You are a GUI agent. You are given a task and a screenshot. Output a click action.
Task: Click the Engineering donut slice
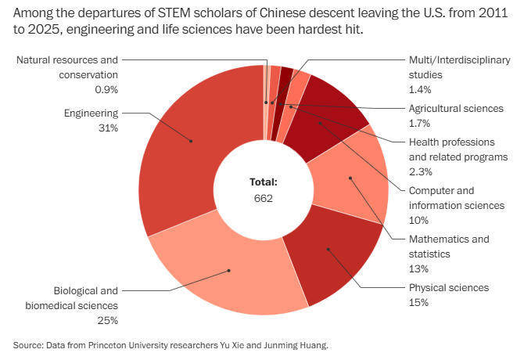(x=184, y=149)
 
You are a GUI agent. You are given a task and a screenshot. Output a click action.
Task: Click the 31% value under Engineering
(x=107, y=128)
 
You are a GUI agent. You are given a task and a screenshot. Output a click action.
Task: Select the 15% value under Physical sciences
(x=418, y=302)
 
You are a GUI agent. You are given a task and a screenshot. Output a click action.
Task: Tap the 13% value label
(x=418, y=268)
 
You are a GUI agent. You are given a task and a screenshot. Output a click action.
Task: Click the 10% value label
(x=418, y=220)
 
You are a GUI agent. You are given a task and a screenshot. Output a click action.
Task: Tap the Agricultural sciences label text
(x=456, y=108)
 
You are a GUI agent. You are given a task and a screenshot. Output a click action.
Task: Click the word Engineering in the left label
(x=91, y=113)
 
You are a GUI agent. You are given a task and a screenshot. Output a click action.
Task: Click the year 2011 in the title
(x=468, y=13)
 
